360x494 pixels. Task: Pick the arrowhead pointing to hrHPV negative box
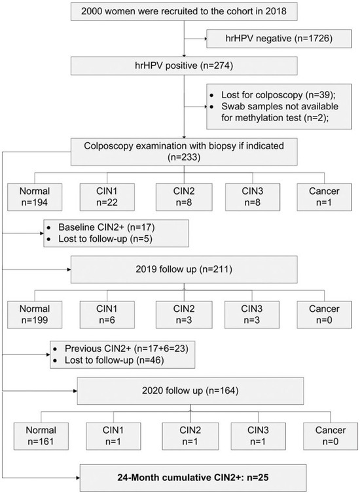[x=201, y=40]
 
